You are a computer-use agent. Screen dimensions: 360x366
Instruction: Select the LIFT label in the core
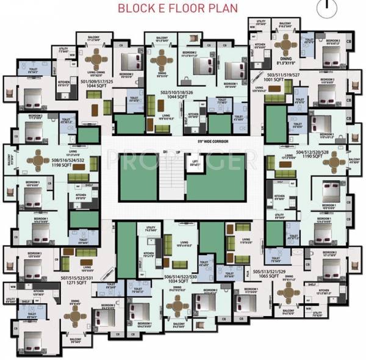click(x=195, y=162)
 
